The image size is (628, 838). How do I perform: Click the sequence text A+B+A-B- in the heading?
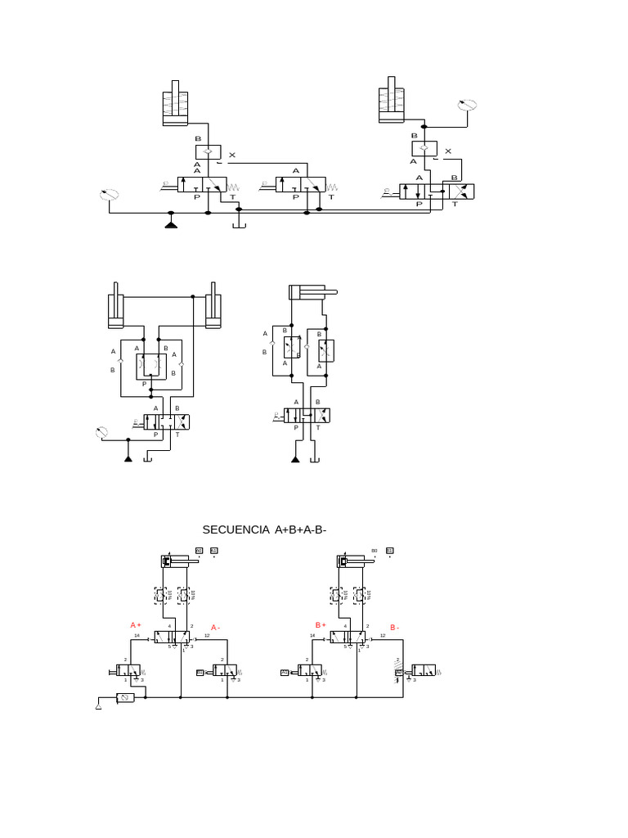(x=301, y=530)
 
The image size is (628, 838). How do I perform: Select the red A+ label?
(x=136, y=625)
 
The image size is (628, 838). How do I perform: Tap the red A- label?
(x=216, y=628)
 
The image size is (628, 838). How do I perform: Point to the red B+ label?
(x=321, y=625)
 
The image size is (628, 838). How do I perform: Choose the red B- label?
(x=394, y=628)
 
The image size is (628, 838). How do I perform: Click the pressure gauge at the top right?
(x=467, y=105)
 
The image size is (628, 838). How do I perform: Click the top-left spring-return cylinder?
(x=175, y=105)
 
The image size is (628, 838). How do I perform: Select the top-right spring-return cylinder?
(x=392, y=101)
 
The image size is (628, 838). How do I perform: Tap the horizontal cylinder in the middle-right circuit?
(x=311, y=292)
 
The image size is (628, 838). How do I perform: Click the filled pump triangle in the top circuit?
(x=171, y=223)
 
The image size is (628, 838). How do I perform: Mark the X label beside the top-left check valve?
(x=231, y=155)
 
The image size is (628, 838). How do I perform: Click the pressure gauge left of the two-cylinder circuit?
(x=101, y=432)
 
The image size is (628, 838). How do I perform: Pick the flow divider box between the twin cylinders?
(x=150, y=366)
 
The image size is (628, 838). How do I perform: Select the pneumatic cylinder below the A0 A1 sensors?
(x=178, y=561)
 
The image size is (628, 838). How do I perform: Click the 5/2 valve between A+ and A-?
(x=173, y=637)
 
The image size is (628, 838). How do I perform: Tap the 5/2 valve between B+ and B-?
(x=349, y=637)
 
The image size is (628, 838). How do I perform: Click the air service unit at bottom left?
(x=125, y=698)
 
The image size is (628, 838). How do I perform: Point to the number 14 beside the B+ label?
(x=312, y=635)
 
